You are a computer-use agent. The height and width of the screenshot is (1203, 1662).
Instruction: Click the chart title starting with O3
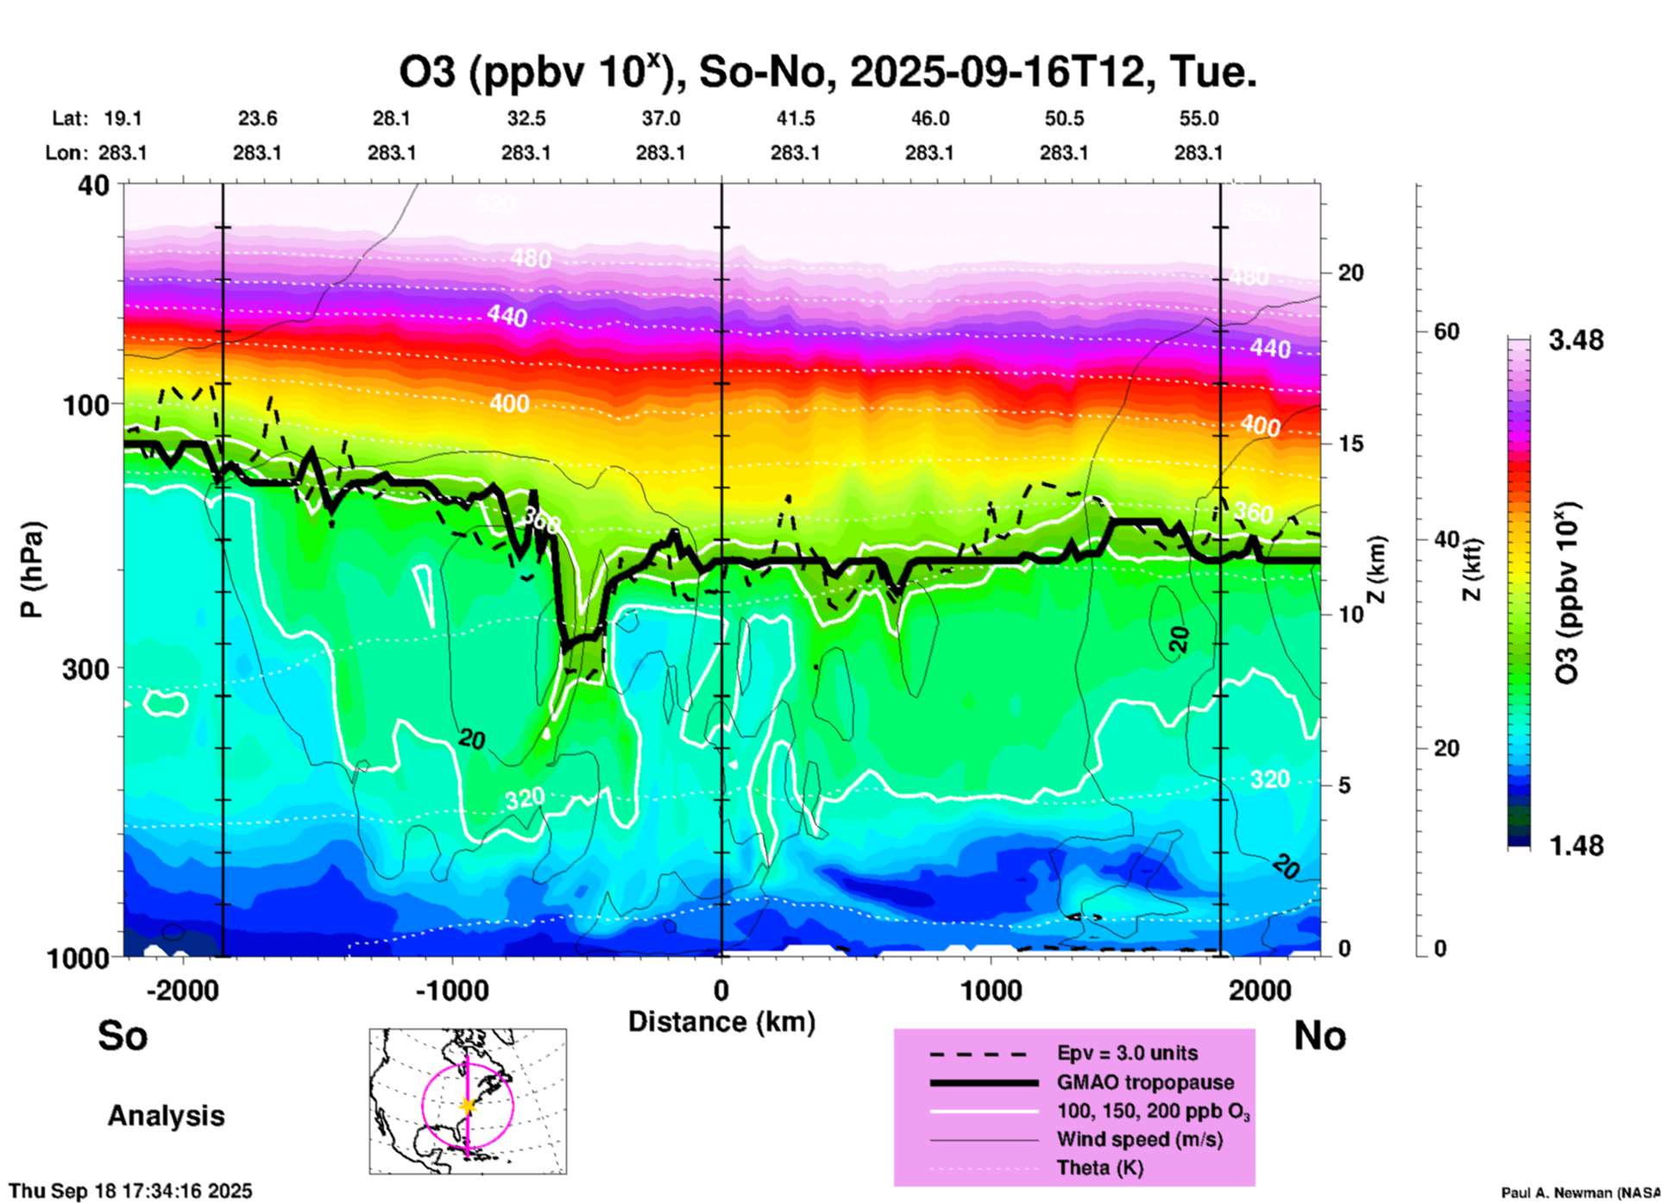point(827,72)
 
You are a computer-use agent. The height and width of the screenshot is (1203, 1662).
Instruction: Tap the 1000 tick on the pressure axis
point(85,958)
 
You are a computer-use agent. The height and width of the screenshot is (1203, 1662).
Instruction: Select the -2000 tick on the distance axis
point(182,990)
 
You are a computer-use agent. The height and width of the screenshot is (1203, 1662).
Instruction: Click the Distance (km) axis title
point(721,1022)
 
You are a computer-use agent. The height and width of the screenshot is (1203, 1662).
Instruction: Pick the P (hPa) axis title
point(32,570)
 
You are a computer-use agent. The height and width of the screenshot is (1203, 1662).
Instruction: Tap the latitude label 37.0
point(660,118)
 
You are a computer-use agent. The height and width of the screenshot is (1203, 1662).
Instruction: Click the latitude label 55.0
point(1198,118)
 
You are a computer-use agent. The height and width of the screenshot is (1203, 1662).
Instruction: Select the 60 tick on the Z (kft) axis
point(1446,331)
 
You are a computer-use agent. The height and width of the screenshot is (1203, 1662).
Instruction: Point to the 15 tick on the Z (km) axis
point(1350,444)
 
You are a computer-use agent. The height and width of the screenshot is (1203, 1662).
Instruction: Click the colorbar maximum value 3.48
point(1576,341)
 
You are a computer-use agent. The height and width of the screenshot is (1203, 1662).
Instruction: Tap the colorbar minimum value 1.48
point(1576,846)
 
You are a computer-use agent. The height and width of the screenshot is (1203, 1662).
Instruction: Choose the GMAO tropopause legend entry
point(1145,1082)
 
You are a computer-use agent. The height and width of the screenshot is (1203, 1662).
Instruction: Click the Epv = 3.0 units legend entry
point(1127,1053)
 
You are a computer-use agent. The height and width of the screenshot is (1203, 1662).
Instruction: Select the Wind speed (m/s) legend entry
point(1139,1139)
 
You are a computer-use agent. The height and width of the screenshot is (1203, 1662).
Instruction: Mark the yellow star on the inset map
point(468,1105)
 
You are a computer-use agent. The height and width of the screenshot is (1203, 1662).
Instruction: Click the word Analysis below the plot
point(166,1116)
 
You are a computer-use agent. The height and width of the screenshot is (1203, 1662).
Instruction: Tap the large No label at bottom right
point(1319,1036)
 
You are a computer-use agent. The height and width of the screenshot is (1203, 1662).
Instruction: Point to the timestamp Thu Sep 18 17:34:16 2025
point(130,1191)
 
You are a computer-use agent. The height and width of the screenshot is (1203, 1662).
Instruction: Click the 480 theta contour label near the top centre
point(530,258)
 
